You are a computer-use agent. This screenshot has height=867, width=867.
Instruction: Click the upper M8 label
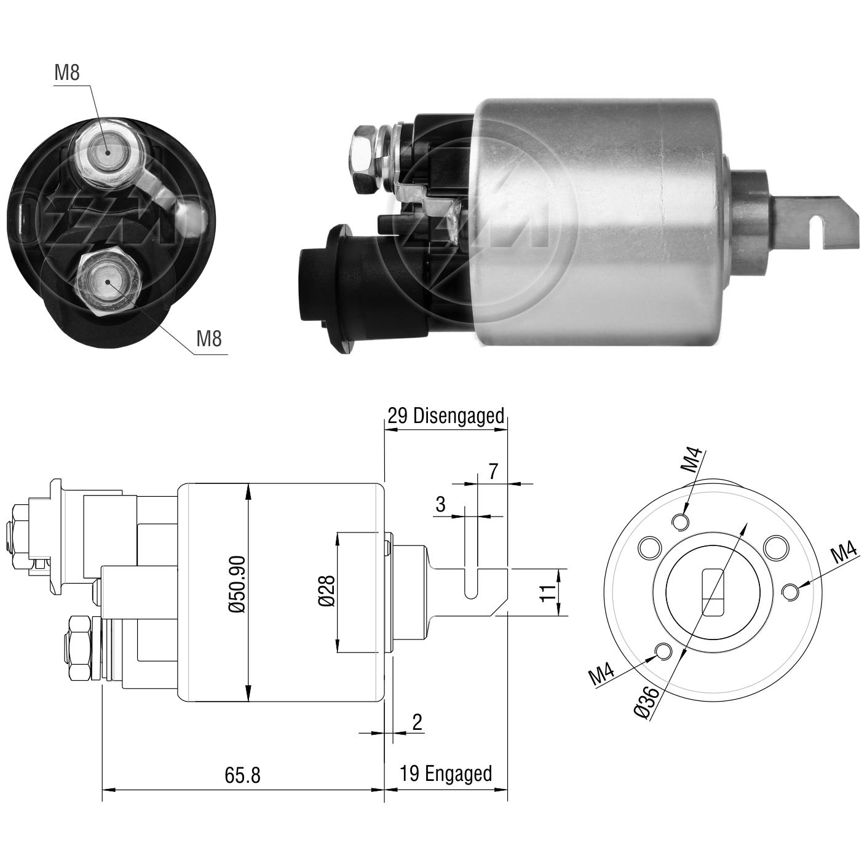[66, 73]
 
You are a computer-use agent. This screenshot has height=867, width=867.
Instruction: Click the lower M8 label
[209, 338]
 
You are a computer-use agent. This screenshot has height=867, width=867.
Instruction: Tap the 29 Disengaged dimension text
[445, 416]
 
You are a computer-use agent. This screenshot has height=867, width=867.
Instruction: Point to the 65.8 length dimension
[242, 775]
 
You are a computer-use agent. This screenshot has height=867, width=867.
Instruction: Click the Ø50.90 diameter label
[237, 584]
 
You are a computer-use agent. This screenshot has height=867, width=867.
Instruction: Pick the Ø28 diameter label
[327, 590]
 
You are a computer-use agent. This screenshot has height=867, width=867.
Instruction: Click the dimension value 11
[547, 593]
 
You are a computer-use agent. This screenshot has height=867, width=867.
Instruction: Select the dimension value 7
[493, 471]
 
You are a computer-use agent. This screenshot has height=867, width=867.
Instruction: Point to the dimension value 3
[440, 504]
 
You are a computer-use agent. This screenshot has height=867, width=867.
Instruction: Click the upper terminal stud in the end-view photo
[108, 153]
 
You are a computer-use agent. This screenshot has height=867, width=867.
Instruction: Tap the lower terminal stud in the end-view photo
[108, 283]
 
